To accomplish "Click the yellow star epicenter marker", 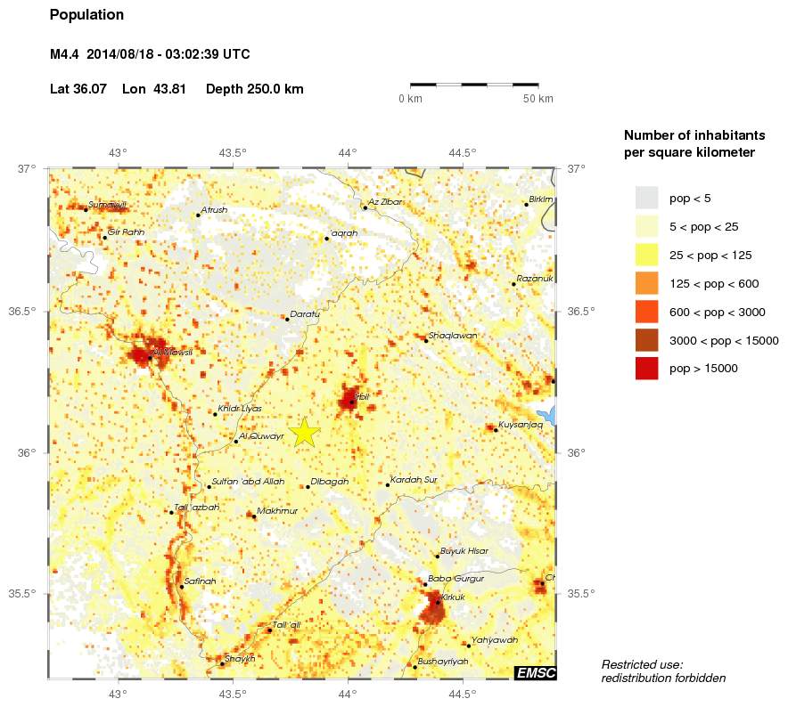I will point(304,431).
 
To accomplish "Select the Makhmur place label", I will point(276,511).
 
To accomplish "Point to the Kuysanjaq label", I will point(521,425).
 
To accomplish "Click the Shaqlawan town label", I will point(453,336).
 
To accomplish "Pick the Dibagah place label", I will point(329,481).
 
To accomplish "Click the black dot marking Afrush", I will point(198,215).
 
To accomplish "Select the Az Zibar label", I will point(385,202).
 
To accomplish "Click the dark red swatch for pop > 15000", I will point(646,368).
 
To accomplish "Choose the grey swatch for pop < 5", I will point(646,198).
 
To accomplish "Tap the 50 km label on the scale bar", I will point(538,98).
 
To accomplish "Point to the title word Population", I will point(87,15).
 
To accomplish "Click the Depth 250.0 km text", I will point(254,89).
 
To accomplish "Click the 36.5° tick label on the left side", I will point(28,312).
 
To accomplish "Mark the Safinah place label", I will point(200,581).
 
